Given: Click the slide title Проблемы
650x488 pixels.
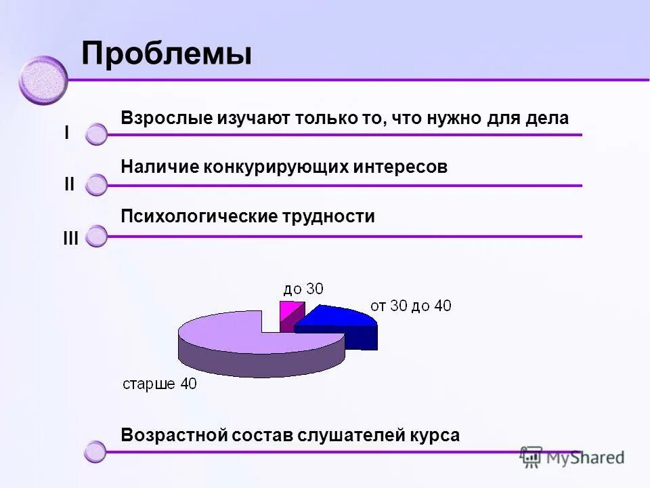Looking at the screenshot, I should pyautogui.click(x=166, y=54).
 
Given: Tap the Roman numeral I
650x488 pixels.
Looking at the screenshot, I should pyautogui.click(x=66, y=133).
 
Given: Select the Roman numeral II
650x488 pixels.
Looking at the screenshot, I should pyautogui.click(x=69, y=184).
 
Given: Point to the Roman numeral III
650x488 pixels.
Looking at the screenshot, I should pyautogui.click(x=70, y=238).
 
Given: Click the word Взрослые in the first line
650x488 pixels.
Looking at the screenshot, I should pyautogui.click(x=166, y=118).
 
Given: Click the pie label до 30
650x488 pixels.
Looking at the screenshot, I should pyautogui.click(x=303, y=289).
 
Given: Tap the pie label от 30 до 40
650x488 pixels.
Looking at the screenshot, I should pyautogui.click(x=410, y=306).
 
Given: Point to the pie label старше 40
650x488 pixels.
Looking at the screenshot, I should pyautogui.click(x=159, y=384).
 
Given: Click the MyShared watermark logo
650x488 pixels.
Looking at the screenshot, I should pyautogui.click(x=572, y=457).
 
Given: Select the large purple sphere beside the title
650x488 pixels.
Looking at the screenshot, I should pyautogui.click(x=43, y=81).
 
